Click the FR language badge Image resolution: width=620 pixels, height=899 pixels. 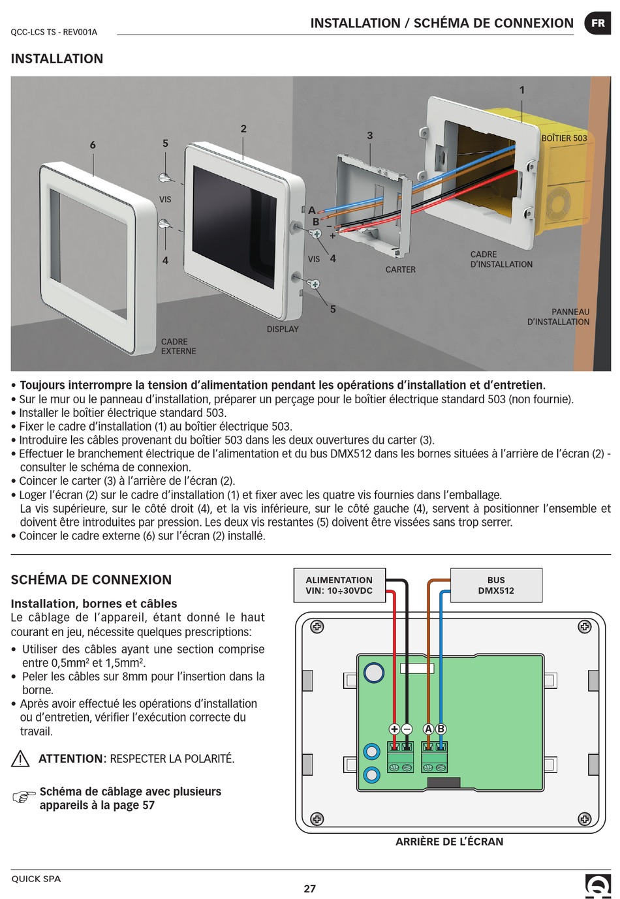pyautogui.click(x=597, y=23)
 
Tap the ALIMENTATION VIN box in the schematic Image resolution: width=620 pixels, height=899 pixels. pyautogui.click(x=339, y=585)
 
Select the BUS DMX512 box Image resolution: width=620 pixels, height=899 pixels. pyautogui.click(x=496, y=585)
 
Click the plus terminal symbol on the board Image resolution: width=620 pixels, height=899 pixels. pyautogui.click(x=394, y=729)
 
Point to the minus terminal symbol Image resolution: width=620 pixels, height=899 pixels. pyautogui.click(x=407, y=729)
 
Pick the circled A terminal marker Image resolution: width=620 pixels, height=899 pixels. pyautogui.click(x=428, y=729)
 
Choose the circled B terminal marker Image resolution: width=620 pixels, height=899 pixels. pyautogui.click(x=441, y=729)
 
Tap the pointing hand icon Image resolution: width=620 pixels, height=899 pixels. pyautogui.click(x=23, y=797)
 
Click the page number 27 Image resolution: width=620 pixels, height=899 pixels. pyautogui.click(x=309, y=888)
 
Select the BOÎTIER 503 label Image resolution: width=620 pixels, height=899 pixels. pyautogui.click(x=564, y=138)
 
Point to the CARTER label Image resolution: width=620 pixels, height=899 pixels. pyautogui.click(x=400, y=269)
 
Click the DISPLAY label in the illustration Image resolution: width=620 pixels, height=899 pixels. pyautogui.click(x=283, y=329)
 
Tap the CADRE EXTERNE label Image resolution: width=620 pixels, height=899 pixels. pyautogui.click(x=178, y=346)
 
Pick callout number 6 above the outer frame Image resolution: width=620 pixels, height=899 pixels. pyautogui.click(x=93, y=144)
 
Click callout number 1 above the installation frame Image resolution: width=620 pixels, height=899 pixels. pyautogui.click(x=521, y=90)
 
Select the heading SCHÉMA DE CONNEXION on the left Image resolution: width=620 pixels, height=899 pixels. pyautogui.click(x=91, y=579)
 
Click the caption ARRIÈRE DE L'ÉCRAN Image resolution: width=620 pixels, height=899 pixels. pyautogui.click(x=449, y=842)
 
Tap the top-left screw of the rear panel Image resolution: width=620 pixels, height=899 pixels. pyautogui.click(x=317, y=627)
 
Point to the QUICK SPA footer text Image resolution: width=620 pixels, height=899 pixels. pyautogui.click(x=36, y=879)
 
